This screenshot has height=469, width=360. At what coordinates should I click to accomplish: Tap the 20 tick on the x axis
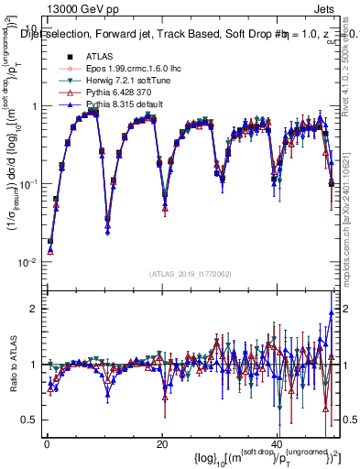pyautogui.click(x=161, y=443)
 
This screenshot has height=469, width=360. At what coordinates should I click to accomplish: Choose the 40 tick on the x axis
pyautogui.click(x=277, y=443)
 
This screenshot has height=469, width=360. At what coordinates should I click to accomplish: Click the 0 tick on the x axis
pyautogui.click(x=47, y=443)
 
